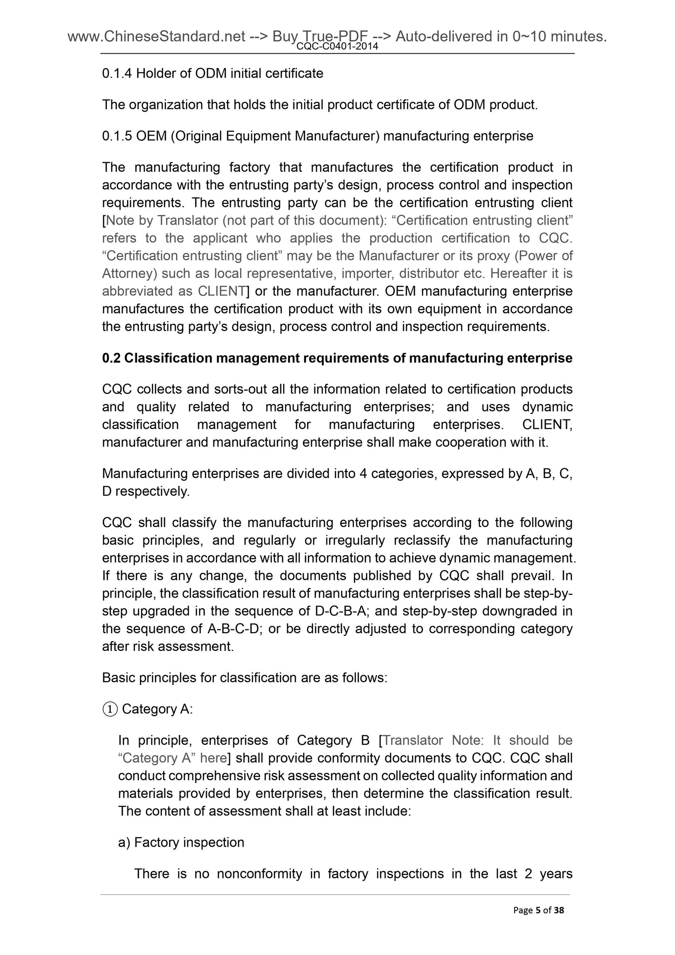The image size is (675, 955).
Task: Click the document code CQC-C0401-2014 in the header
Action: pos(337,46)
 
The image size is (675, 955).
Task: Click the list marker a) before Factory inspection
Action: pos(125,842)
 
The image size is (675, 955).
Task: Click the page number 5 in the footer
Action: pos(538,923)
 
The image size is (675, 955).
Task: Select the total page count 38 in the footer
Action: pos(559,923)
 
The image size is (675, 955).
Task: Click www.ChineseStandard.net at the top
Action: pos(157,36)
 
